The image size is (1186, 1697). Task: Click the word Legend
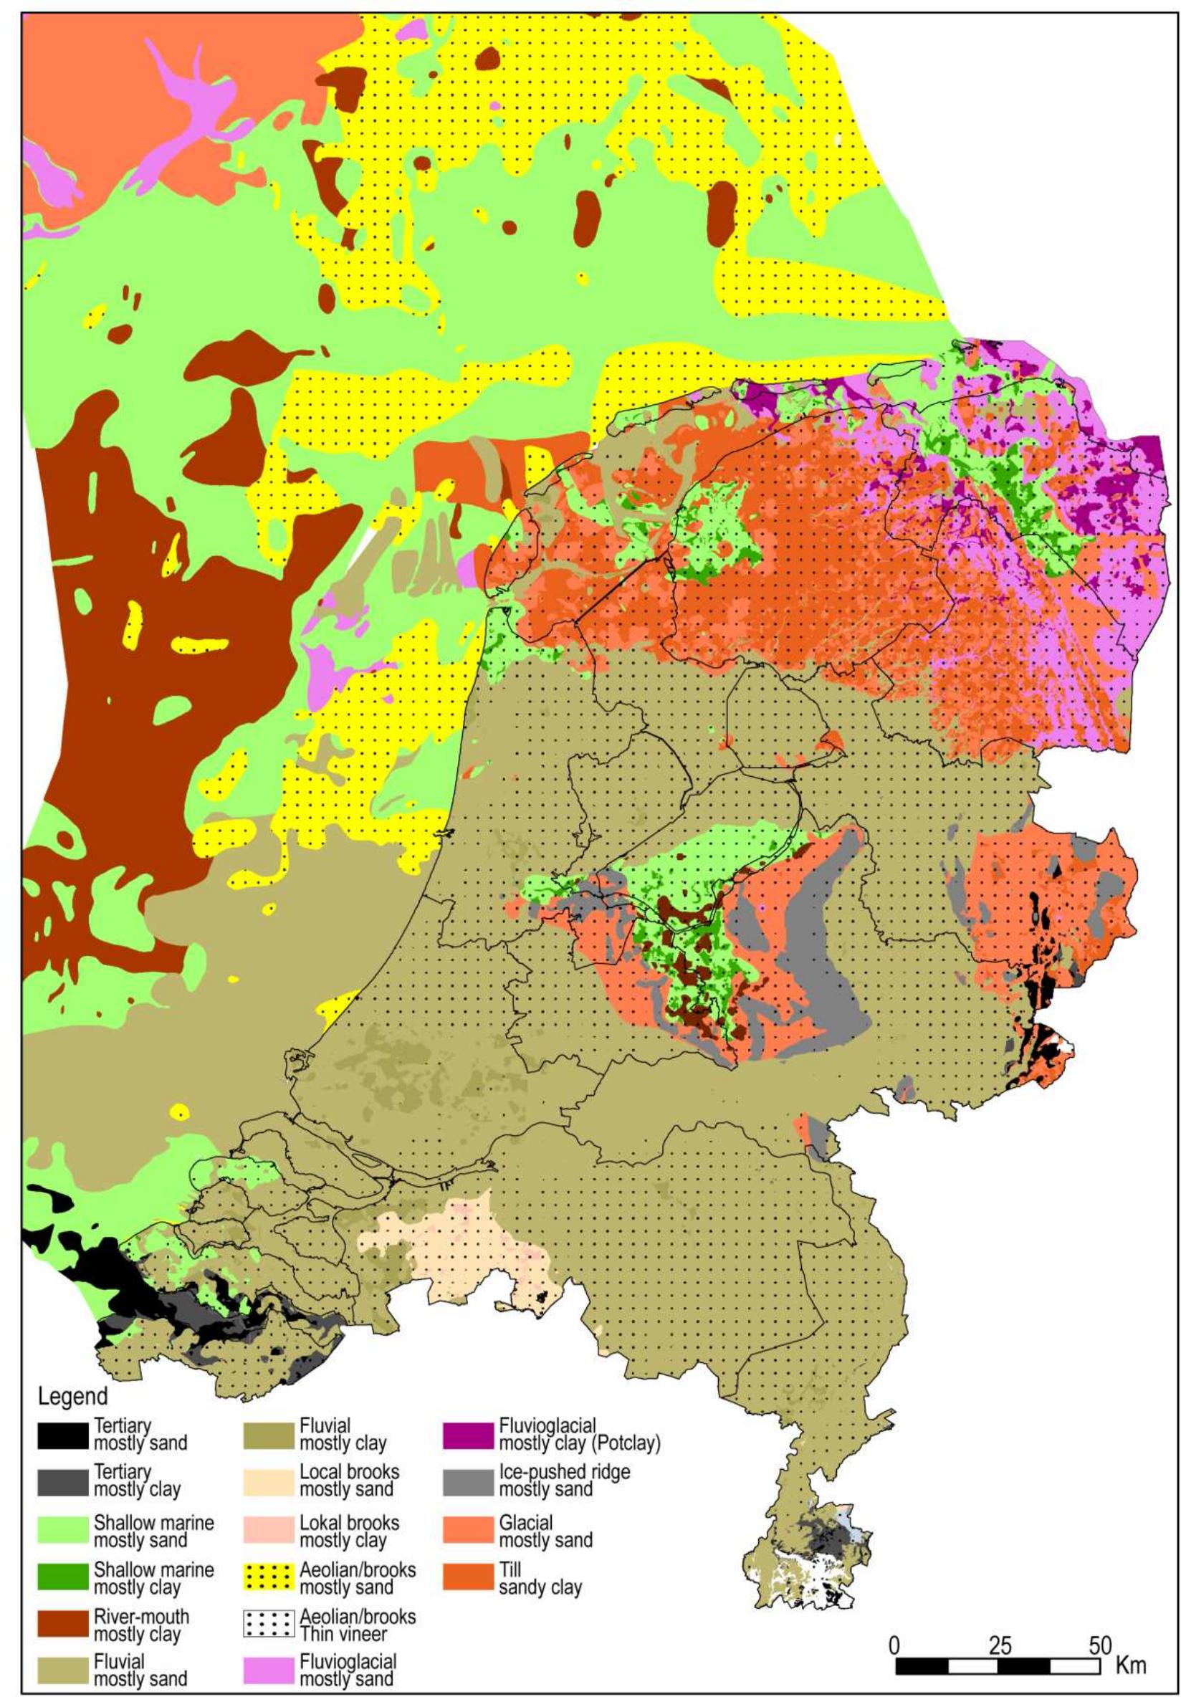72,1397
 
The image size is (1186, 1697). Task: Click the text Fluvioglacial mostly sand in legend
348,1670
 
